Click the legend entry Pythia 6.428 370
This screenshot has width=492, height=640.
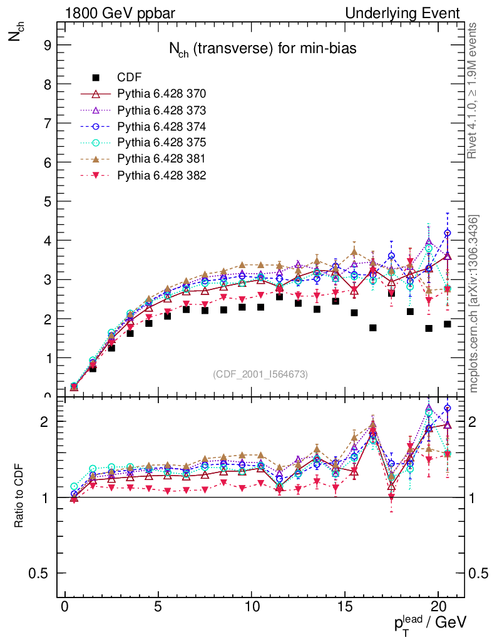point(161,94)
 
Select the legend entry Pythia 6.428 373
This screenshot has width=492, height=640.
point(161,110)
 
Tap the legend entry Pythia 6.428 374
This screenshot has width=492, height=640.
point(161,126)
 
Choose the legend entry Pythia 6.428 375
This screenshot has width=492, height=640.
point(161,142)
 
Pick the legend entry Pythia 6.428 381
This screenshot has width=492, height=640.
point(161,159)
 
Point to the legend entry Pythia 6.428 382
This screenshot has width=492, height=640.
point(161,175)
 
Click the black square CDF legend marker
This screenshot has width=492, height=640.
point(96,77)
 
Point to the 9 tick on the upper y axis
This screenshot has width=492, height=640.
point(46,45)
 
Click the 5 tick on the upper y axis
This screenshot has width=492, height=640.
point(46,201)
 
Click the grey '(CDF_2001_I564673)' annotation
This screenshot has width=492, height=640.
point(260,374)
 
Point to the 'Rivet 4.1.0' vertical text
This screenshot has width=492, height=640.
point(474,91)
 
